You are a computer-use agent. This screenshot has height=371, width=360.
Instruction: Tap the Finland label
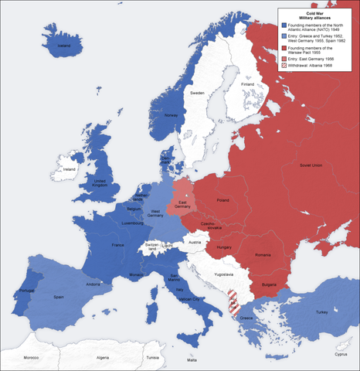tap(226, 84)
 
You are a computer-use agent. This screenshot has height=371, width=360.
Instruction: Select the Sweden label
tap(198, 93)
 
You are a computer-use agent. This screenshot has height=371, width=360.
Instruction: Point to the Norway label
tap(172, 116)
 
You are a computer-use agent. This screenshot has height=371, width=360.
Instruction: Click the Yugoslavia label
tap(222, 274)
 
